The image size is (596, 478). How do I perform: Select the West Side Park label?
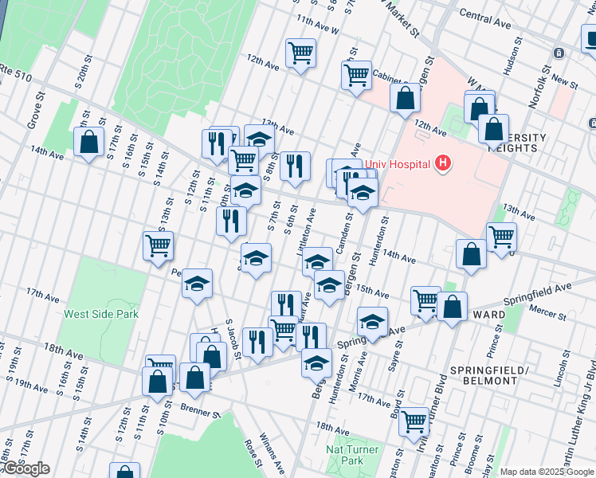pyautogui.click(x=101, y=314)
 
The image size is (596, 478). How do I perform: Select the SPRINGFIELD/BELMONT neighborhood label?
pyautogui.click(x=484, y=375)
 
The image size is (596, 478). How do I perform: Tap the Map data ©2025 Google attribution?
pyautogui.click(x=547, y=472)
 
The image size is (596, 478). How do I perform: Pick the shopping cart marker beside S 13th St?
pyautogui.click(x=158, y=245)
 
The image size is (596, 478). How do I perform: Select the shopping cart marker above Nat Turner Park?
pyautogui.click(x=414, y=421)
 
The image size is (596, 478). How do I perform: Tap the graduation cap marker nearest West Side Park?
pyautogui.click(x=197, y=284)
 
